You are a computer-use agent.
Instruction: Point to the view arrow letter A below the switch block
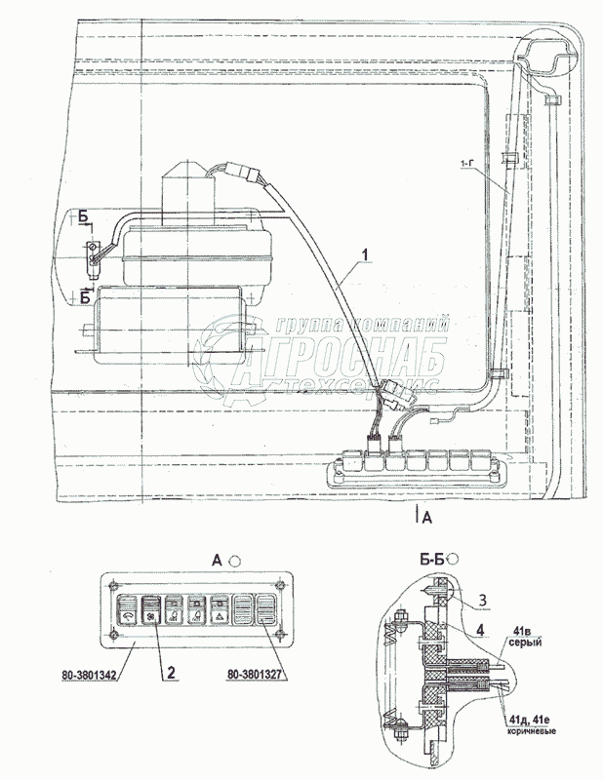point(426,518)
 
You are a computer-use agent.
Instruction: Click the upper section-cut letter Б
point(86,217)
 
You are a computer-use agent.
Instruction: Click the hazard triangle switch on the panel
point(220,613)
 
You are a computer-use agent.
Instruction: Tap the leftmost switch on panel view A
point(127,613)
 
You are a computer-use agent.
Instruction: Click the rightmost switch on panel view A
point(266,613)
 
